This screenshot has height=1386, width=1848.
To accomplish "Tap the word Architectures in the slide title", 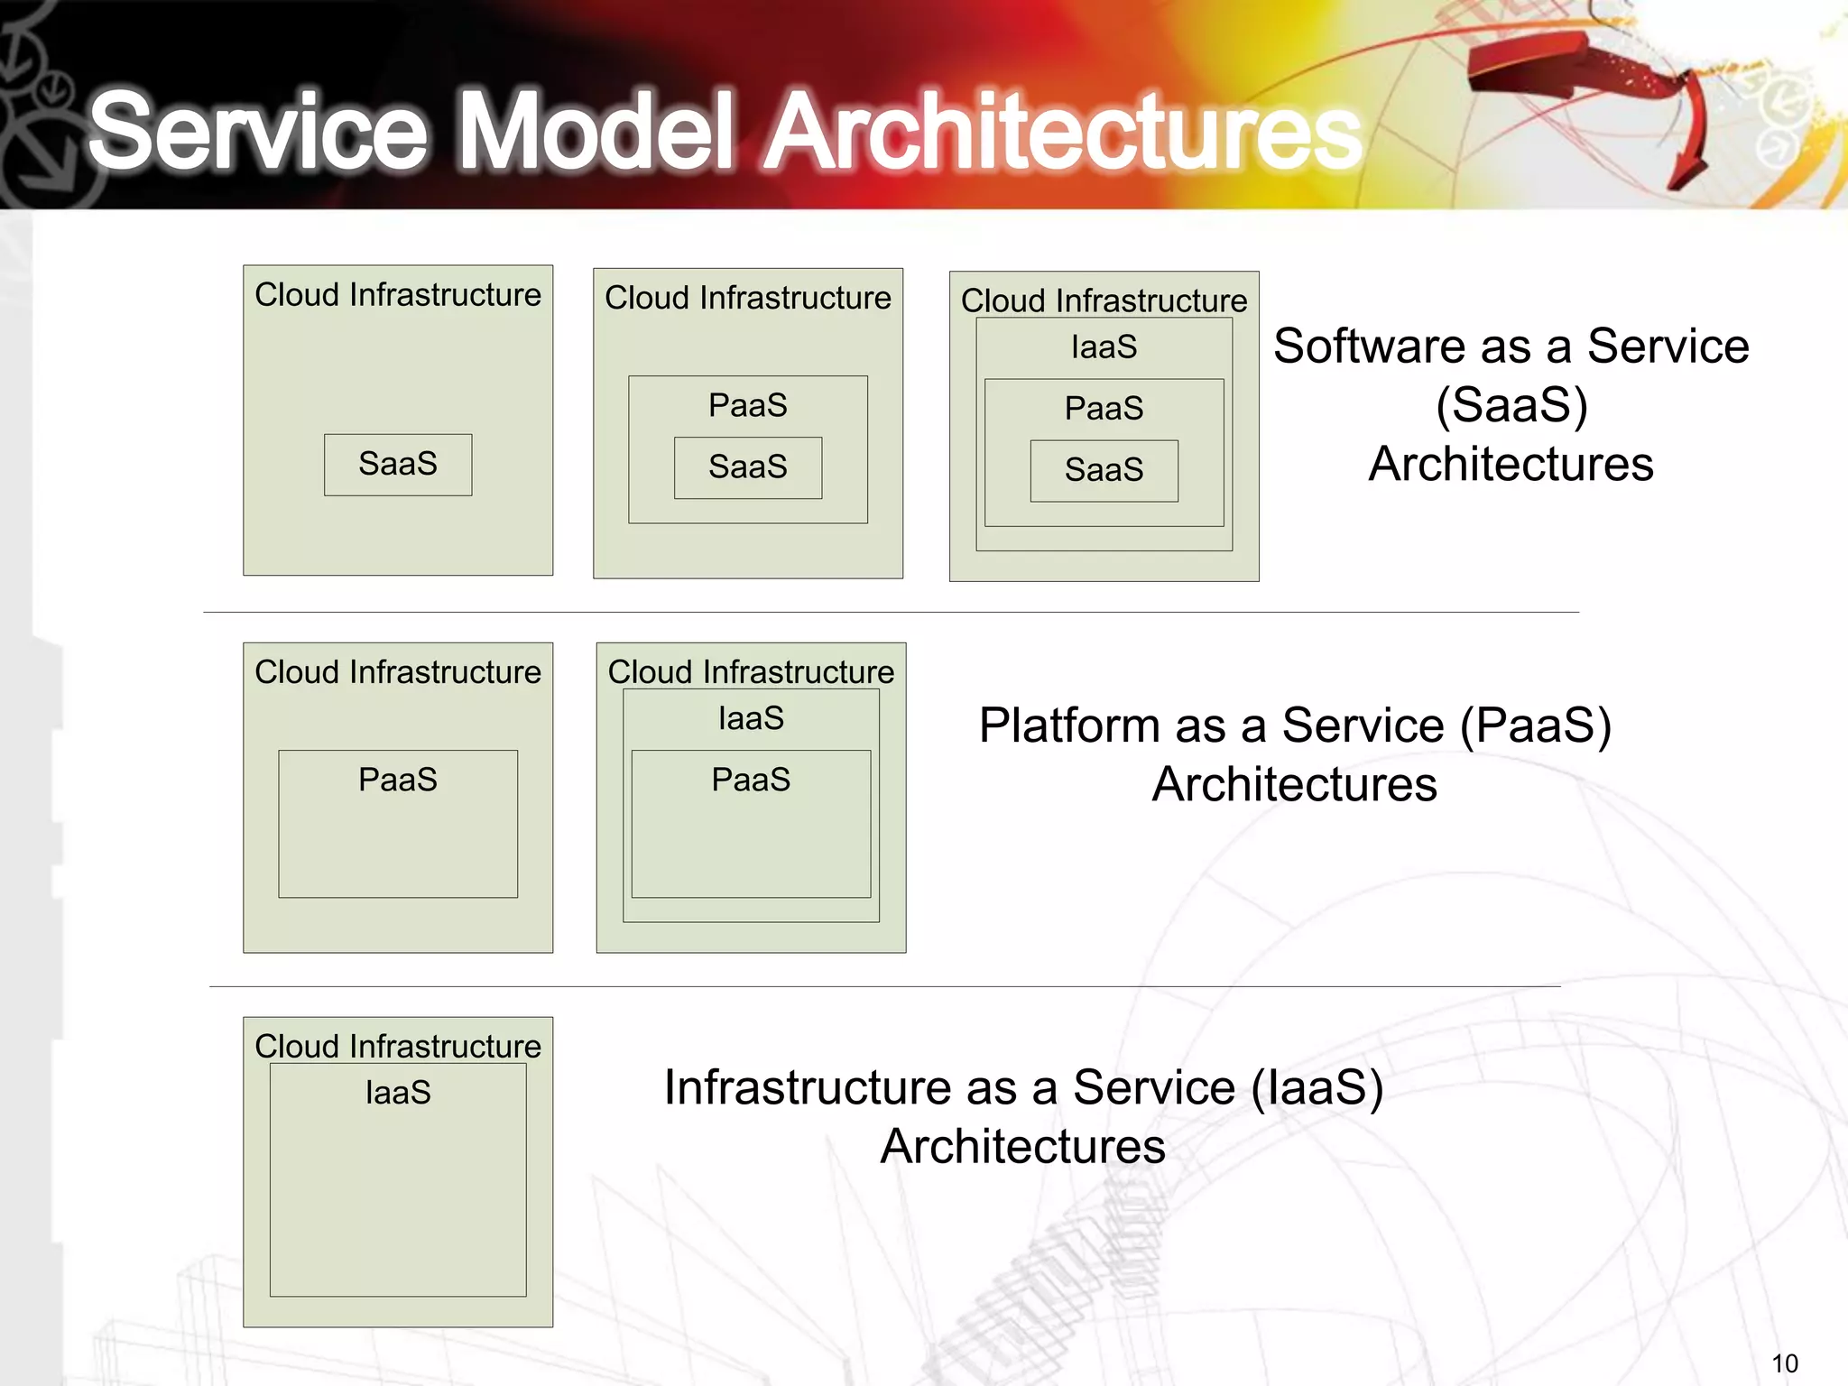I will [1063, 131].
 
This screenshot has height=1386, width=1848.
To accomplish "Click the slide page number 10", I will [1784, 1363].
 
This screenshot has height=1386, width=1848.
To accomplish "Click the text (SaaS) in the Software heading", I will [1511, 405].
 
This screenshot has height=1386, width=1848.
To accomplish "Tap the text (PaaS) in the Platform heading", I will [1535, 725].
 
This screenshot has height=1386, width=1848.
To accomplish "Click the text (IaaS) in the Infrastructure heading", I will [1317, 1087].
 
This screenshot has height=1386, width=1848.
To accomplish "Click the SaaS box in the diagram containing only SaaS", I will [398, 465].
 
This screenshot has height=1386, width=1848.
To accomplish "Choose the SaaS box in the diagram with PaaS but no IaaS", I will [748, 467].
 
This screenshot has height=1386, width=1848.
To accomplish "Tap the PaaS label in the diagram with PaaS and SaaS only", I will [748, 406].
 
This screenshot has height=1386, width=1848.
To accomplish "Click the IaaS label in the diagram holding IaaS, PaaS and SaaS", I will [1104, 347].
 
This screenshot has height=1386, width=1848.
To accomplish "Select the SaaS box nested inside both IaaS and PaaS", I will [1104, 470].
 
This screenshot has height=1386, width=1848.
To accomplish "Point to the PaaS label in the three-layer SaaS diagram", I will [1104, 409].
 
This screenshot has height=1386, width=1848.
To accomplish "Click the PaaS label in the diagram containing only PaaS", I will [398, 780].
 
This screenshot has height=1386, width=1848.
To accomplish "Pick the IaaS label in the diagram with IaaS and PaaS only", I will [751, 718].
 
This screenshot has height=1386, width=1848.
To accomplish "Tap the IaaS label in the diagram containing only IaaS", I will [398, 1093].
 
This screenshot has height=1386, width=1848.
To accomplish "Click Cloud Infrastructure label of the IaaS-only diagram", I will [398, 1047].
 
